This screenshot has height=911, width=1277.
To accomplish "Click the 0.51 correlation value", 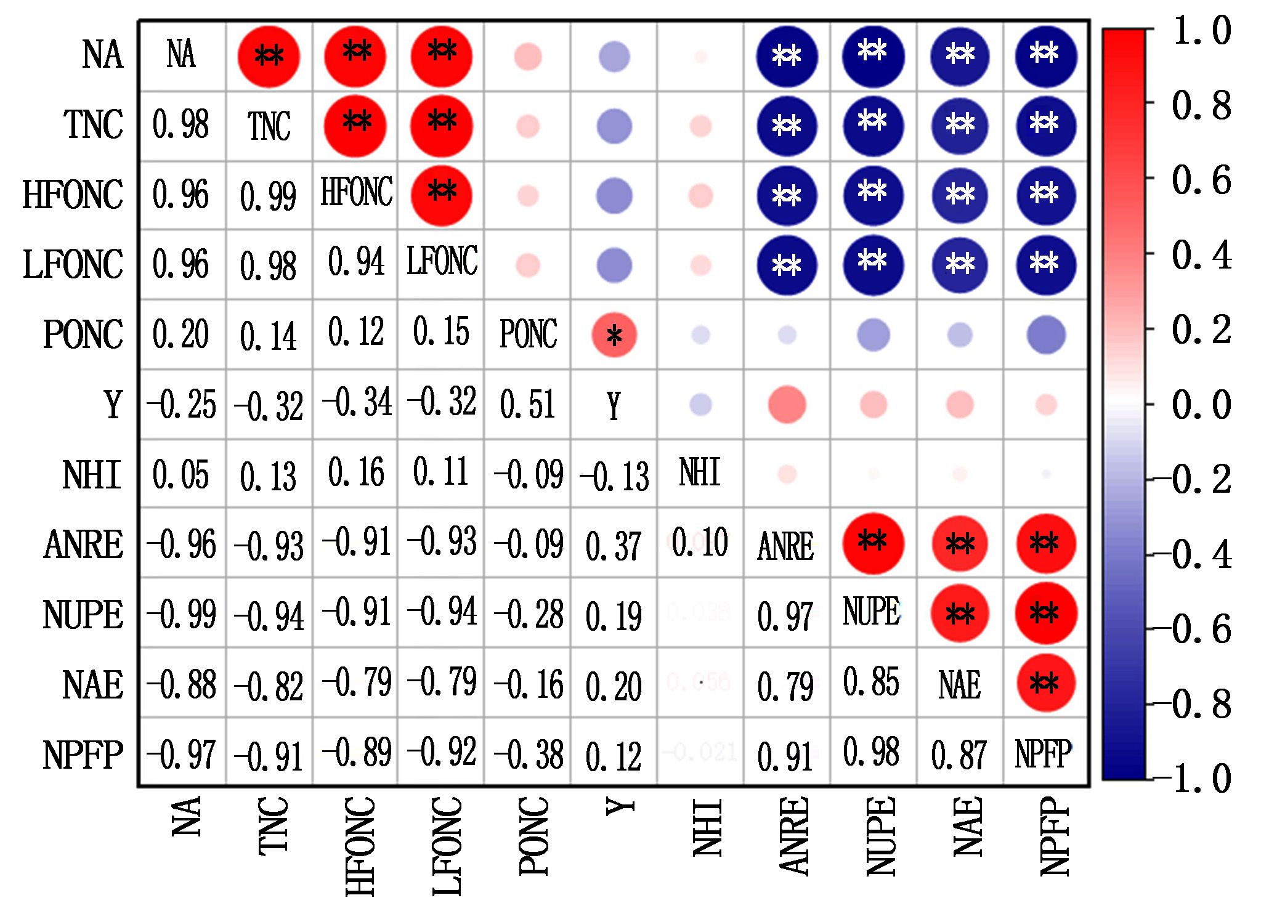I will [x=528, y=405].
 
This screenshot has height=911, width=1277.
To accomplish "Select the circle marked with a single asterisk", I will [x=614, y=335].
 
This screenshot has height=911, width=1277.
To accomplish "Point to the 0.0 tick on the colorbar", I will [x=1201, y=405].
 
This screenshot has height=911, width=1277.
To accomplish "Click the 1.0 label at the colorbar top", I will [x=1202, y=31].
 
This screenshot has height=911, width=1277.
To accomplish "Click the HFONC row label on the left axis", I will [x=73, y=195].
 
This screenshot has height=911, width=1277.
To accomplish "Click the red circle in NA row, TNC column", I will [x=269, y=57].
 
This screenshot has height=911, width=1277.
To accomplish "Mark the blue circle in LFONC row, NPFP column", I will [x=1046, y=265].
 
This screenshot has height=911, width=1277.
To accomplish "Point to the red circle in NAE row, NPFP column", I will [x=1046, y=683].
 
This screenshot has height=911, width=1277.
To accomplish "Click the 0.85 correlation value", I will [x=872, y=682].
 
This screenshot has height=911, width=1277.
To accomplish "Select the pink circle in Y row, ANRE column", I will [x=787, y=405].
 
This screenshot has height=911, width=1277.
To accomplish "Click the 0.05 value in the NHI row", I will [x=181, y=475].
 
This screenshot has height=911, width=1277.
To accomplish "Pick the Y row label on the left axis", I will [x=113, y=405].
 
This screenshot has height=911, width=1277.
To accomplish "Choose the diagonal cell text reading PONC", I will [x=528, y=334].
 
